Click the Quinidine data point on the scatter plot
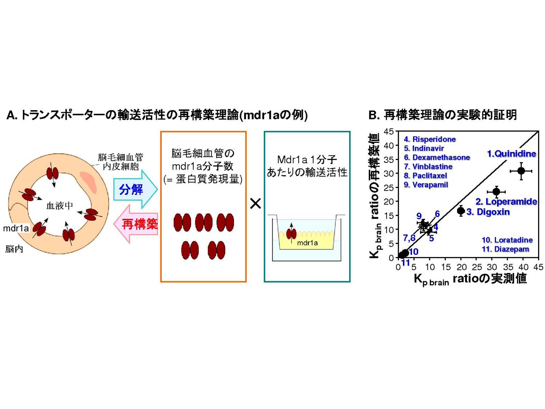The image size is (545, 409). click(521, 171)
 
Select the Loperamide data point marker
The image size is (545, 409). click(496, 192)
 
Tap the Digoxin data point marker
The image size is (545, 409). click(461, 211)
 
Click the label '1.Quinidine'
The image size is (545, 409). click(511, 154)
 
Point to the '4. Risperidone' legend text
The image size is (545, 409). click(430, 139)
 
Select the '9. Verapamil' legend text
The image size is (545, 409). click(426, 185)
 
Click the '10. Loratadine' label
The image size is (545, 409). click(507, 240)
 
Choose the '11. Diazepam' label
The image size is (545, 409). click(505, 249)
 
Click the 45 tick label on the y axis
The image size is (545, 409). click(389, 132)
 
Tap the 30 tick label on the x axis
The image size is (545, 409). click(492, 267)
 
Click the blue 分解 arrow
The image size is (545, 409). click(135, 189)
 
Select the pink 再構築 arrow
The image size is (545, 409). click(136, 224)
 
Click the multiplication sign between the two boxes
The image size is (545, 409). click(255, 204)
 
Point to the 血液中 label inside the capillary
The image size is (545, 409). click(60, 206)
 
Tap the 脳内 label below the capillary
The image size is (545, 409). click(14, 249)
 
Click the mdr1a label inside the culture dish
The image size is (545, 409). click(307, 243)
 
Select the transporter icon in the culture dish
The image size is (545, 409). click(291, 233)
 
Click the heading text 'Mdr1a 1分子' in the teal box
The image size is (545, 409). click(307, 160)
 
